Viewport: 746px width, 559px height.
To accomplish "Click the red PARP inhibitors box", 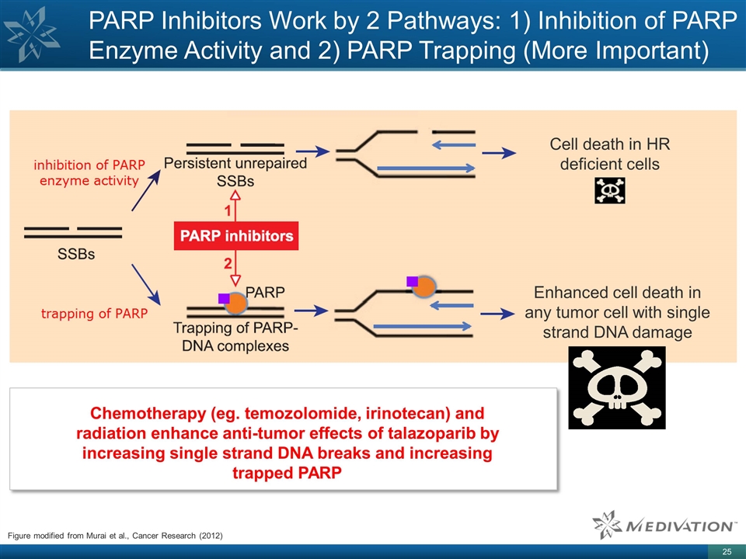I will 235,236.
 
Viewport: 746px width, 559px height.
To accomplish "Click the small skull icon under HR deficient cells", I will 609,190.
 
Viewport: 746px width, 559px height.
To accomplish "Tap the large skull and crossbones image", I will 617,387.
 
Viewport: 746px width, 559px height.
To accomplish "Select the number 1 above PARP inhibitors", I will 228,210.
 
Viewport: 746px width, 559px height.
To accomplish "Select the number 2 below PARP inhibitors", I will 228,262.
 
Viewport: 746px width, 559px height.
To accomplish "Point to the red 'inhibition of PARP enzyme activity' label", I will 89,172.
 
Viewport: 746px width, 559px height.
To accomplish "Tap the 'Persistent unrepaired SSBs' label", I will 235,172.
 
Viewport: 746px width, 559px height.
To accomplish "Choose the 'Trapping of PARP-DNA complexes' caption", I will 235,337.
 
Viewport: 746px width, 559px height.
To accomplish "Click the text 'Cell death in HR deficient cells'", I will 610,154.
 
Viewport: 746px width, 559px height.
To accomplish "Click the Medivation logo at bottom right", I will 664,526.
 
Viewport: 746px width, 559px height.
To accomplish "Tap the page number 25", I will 727,551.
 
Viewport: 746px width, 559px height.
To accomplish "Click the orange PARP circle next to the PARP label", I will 235,301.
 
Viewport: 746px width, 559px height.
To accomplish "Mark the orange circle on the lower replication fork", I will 424,286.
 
